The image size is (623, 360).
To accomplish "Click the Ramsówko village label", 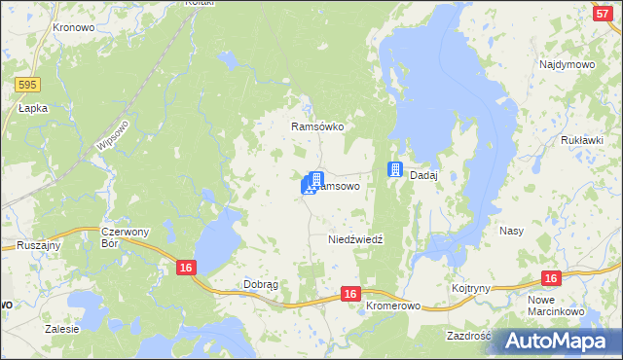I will pyautogui.click(x=318, y=126).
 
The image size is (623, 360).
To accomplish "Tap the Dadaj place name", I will pyautogui.click(x=423, y=175).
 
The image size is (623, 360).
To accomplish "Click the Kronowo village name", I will pyautogui.click(x=73, y=29).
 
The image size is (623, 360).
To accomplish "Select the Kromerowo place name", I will pyautogui.click(x=393, y=306).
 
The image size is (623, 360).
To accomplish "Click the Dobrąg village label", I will pyautogui.click(x=261, y=285).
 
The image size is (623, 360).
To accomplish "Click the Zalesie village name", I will pyautogui.click(x=61, y=329).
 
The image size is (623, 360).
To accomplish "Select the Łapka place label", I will pyautogui.click(x=33, y=109).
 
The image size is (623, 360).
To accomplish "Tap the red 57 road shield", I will pyautogui.click(x=602, y=13).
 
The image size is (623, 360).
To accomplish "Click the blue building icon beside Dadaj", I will pyautogui.click(x=395, y=169).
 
